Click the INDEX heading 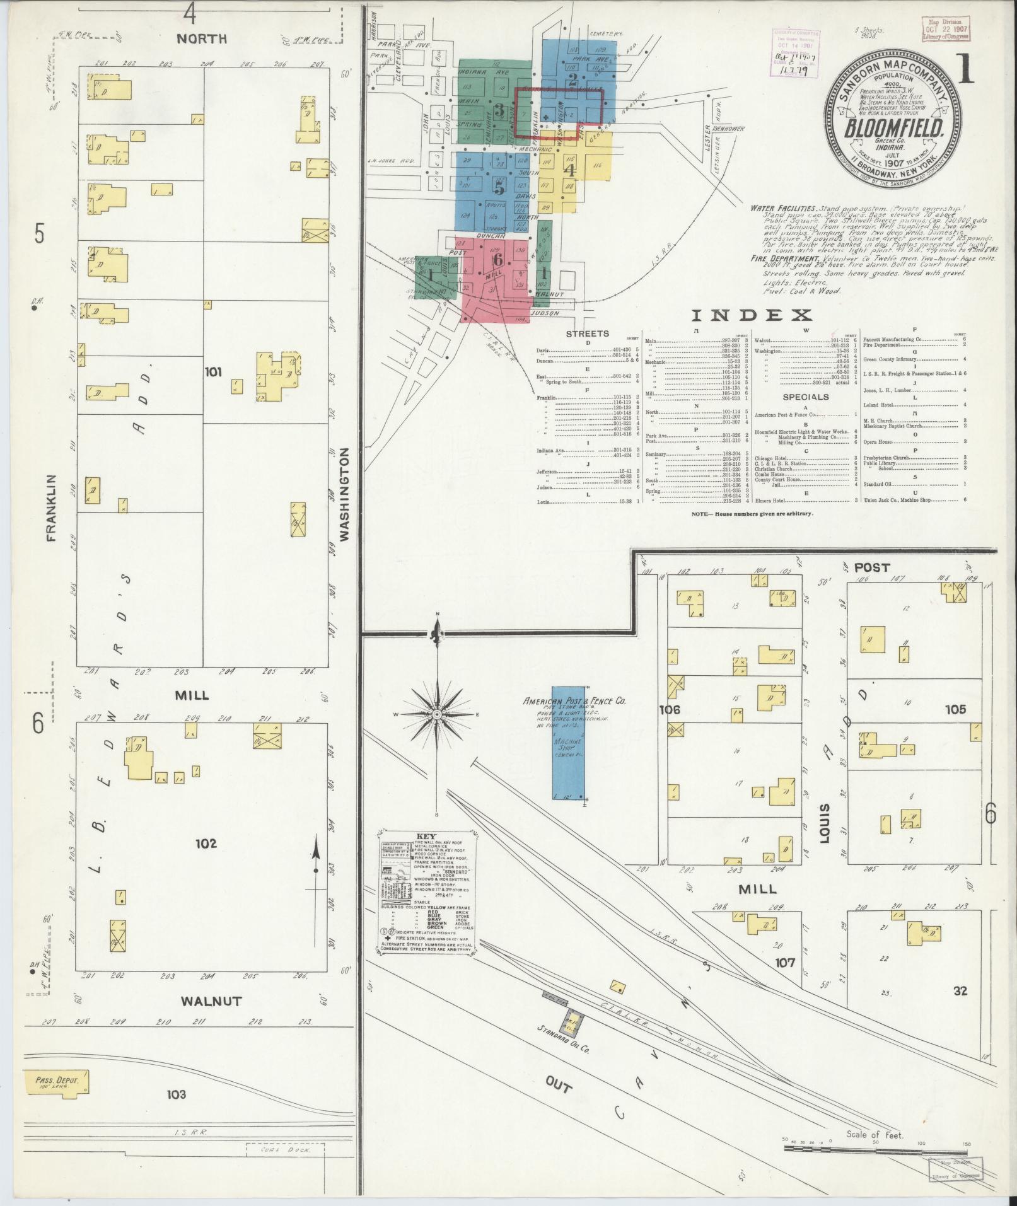coord(752,316)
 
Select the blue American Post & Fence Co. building coord(567,743)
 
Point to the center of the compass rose coord(436,714)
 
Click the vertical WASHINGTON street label coord(344,494)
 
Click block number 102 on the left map coord(206,843)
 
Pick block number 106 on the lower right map coord(669,710)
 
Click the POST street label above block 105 coord(871,567)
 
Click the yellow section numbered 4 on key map coord(569,170)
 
